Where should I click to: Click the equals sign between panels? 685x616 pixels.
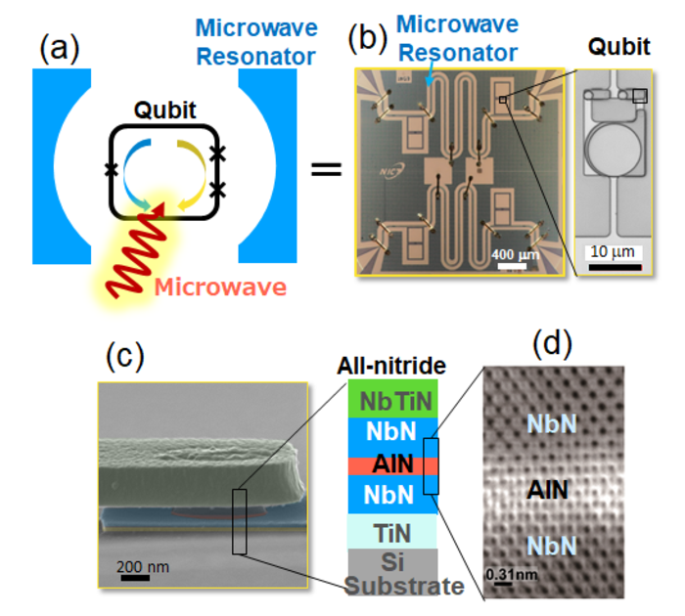pos(325,169)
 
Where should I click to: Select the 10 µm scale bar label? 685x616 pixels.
pos(614,251)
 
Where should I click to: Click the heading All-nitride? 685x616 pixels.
pos(391,366)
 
